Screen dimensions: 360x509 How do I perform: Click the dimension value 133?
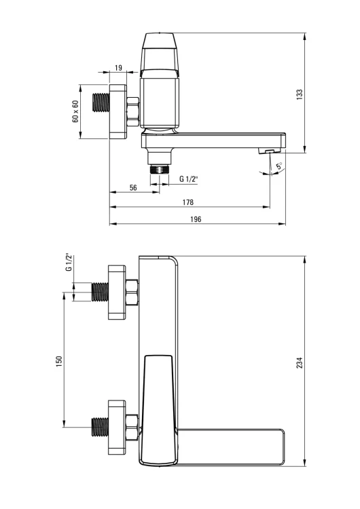pyautogui.click(x=300, y=94)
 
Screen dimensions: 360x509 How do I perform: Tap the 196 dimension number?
pyautogui.click(x=196, y=219)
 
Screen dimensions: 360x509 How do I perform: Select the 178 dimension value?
pyautogui.click(x=187, y=202)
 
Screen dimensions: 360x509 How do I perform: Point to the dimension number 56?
pyautogui.click(x=133, y=187)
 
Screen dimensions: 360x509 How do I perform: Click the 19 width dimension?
pyautogui.click(x=118, y=68)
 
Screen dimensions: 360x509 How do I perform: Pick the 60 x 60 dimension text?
pyautogui.click(x=75, y=111)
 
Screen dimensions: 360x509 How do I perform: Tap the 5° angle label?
pyautogui.click(x=279, y=166)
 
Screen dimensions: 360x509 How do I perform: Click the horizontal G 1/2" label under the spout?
pyautogui.click(x=189, y=179)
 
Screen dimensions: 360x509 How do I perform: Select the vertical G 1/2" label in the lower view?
pyautogui.click(x=68, y=262)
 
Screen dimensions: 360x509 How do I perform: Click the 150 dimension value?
pyautogui.click(x=59, y=361)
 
